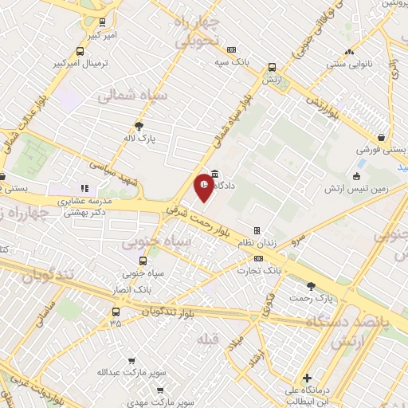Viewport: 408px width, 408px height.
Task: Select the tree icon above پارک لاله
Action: click(140, 125)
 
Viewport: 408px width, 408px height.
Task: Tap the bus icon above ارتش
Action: click(273, 69)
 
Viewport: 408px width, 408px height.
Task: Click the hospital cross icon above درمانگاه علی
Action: click(307, 377)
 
